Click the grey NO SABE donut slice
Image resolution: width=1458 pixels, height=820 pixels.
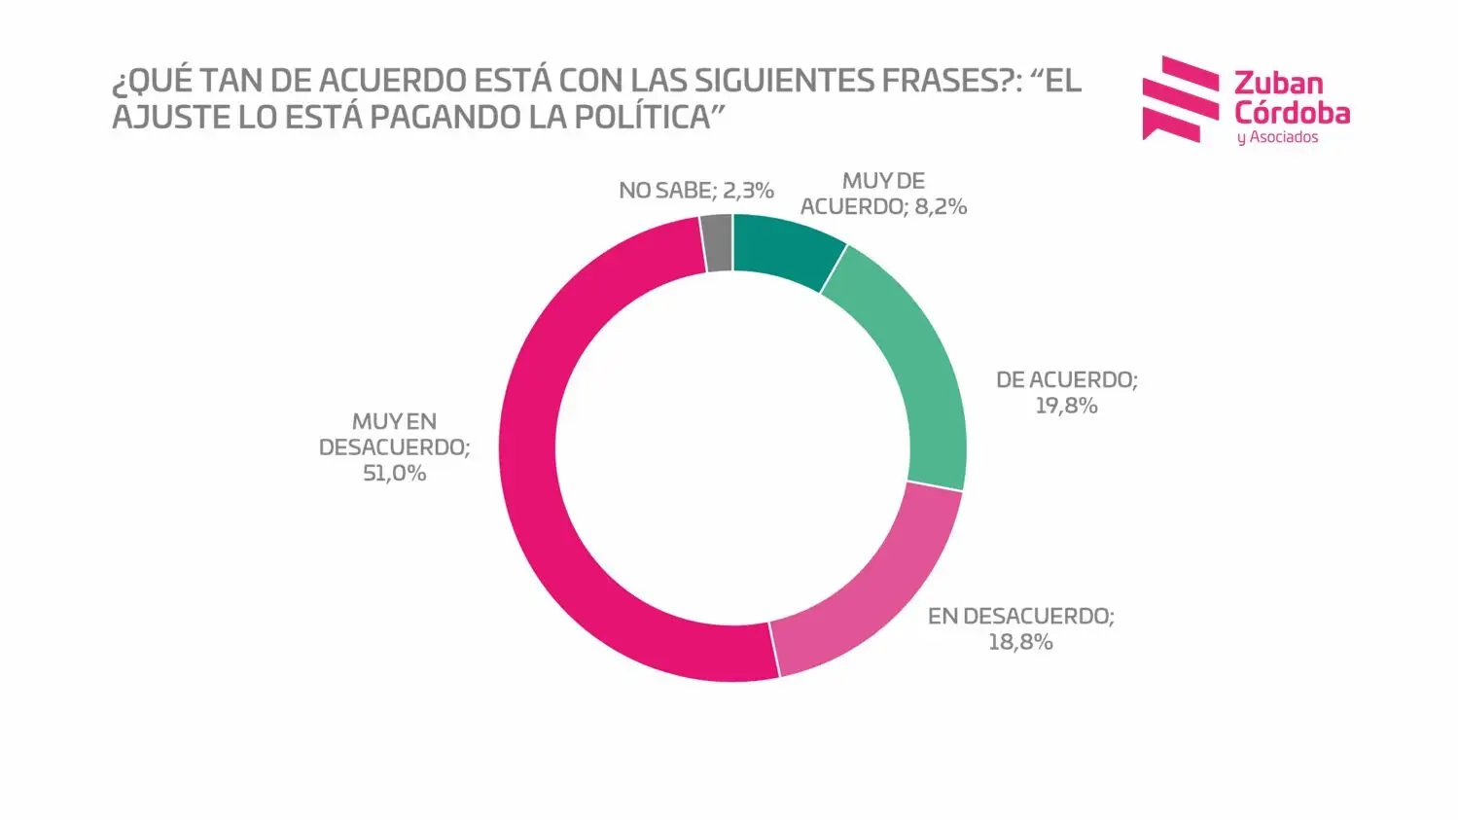click(717, 243)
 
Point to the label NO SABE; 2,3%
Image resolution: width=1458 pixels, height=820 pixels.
click(695, 191)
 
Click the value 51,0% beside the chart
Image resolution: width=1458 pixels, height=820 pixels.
click(394, 474)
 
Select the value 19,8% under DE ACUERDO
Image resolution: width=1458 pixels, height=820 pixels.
click(1066, 406)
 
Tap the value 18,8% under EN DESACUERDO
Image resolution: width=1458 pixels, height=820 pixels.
click(1020, 642)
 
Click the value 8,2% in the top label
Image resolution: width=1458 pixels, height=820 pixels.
click(941, 206)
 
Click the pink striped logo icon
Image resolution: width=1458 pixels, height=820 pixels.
click(1180, 98)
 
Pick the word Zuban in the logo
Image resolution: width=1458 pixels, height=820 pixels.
click(1278, 84)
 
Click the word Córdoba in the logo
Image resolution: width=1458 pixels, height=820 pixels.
click(1292, 113)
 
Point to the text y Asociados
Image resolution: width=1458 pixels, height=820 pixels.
click(1277, 138)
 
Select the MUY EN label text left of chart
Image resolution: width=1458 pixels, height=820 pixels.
click(394, 422)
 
